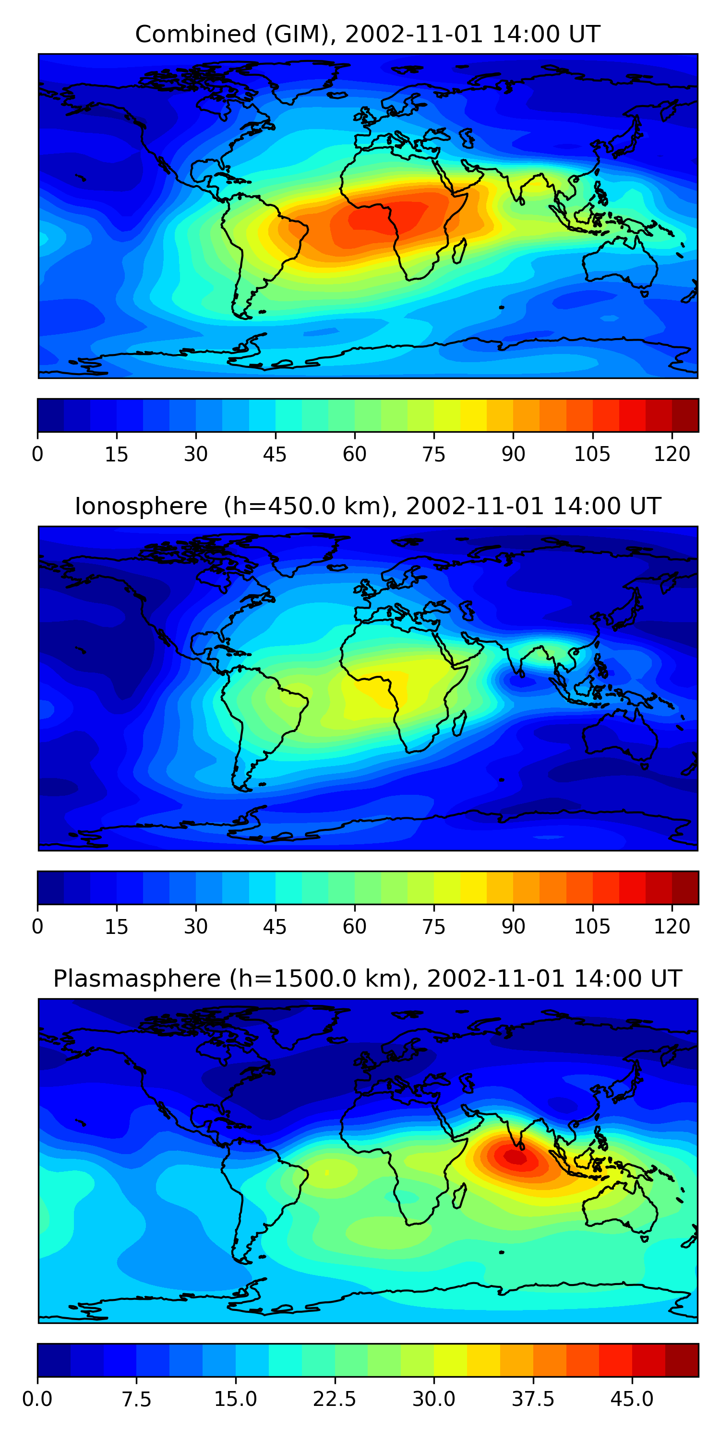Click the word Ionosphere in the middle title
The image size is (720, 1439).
141,506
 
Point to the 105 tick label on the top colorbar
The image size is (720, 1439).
592,454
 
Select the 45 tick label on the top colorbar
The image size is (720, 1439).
275,454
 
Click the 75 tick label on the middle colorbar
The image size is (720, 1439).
434,927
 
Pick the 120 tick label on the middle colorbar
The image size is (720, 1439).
672,927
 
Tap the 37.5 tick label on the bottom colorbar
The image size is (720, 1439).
533,1399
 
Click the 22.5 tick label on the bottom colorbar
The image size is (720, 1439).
334,1399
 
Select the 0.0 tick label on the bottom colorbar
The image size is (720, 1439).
37,1399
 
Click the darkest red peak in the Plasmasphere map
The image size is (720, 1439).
516,1156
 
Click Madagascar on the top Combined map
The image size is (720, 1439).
459,251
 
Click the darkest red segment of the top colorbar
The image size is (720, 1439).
685,415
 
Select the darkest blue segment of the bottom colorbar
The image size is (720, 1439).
54,1360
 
